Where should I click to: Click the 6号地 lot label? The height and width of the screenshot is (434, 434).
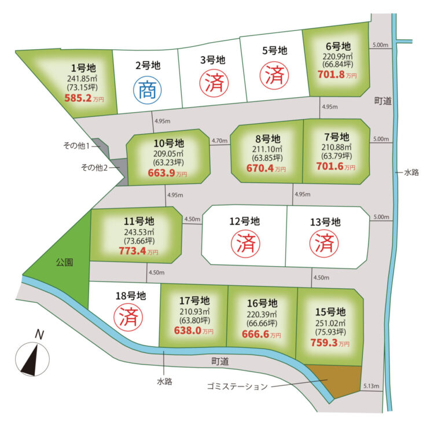[x=337, y=46]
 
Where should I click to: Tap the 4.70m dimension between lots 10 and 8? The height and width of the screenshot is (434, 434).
[x=219, y=141]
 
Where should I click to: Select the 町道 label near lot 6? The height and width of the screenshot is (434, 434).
[x=382, y=101]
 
